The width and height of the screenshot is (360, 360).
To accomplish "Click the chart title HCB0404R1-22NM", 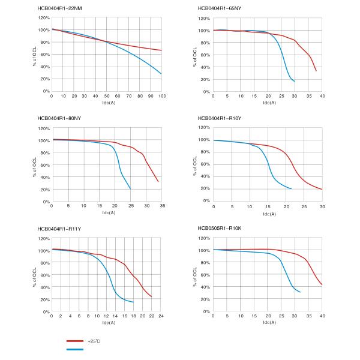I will click(59, 8).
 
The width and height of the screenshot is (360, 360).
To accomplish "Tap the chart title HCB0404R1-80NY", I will click(59, 118).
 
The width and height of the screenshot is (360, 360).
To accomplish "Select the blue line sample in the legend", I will click(74, 349).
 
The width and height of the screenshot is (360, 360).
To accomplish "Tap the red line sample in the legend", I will click(74, 340).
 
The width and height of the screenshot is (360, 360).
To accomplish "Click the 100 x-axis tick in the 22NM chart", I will click(161, 97).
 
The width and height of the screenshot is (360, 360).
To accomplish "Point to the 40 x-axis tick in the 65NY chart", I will click(323, 97).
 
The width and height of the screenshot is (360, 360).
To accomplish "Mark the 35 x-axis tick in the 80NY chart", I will click(161, 206).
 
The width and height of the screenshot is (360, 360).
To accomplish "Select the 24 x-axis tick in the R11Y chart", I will click(161, 317).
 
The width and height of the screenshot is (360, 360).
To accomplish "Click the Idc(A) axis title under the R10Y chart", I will click(268, 212).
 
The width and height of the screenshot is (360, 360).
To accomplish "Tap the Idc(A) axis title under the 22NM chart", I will click(106, 103).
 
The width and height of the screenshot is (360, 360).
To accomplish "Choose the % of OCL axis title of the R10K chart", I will click(196, 274).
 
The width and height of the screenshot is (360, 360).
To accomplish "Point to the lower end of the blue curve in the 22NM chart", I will click(161, 74).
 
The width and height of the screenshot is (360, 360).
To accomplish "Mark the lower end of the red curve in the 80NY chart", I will click(158, 181).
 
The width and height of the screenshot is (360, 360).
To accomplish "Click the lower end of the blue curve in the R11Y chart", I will click(133, 302).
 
